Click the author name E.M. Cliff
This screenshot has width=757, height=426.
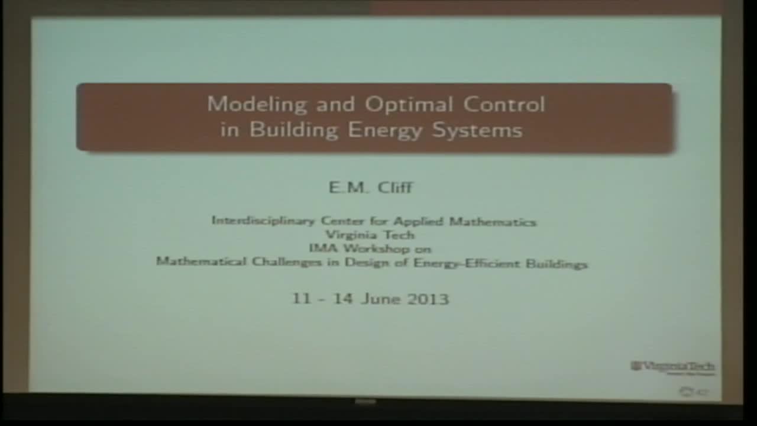pyautogui.click(x=371, y=188)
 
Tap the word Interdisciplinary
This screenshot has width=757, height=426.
pyautogui.click(x=263, y=221)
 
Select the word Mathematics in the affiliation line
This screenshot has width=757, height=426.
pyautogui.click(x=492, y=222)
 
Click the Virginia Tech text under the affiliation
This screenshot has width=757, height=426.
pyautogui.click(x=370, y=235)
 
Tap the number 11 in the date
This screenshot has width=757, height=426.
pyautogui.click(x=301, y=299)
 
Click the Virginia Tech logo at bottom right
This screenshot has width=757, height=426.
pyautogui.click(x=672, y=367)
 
